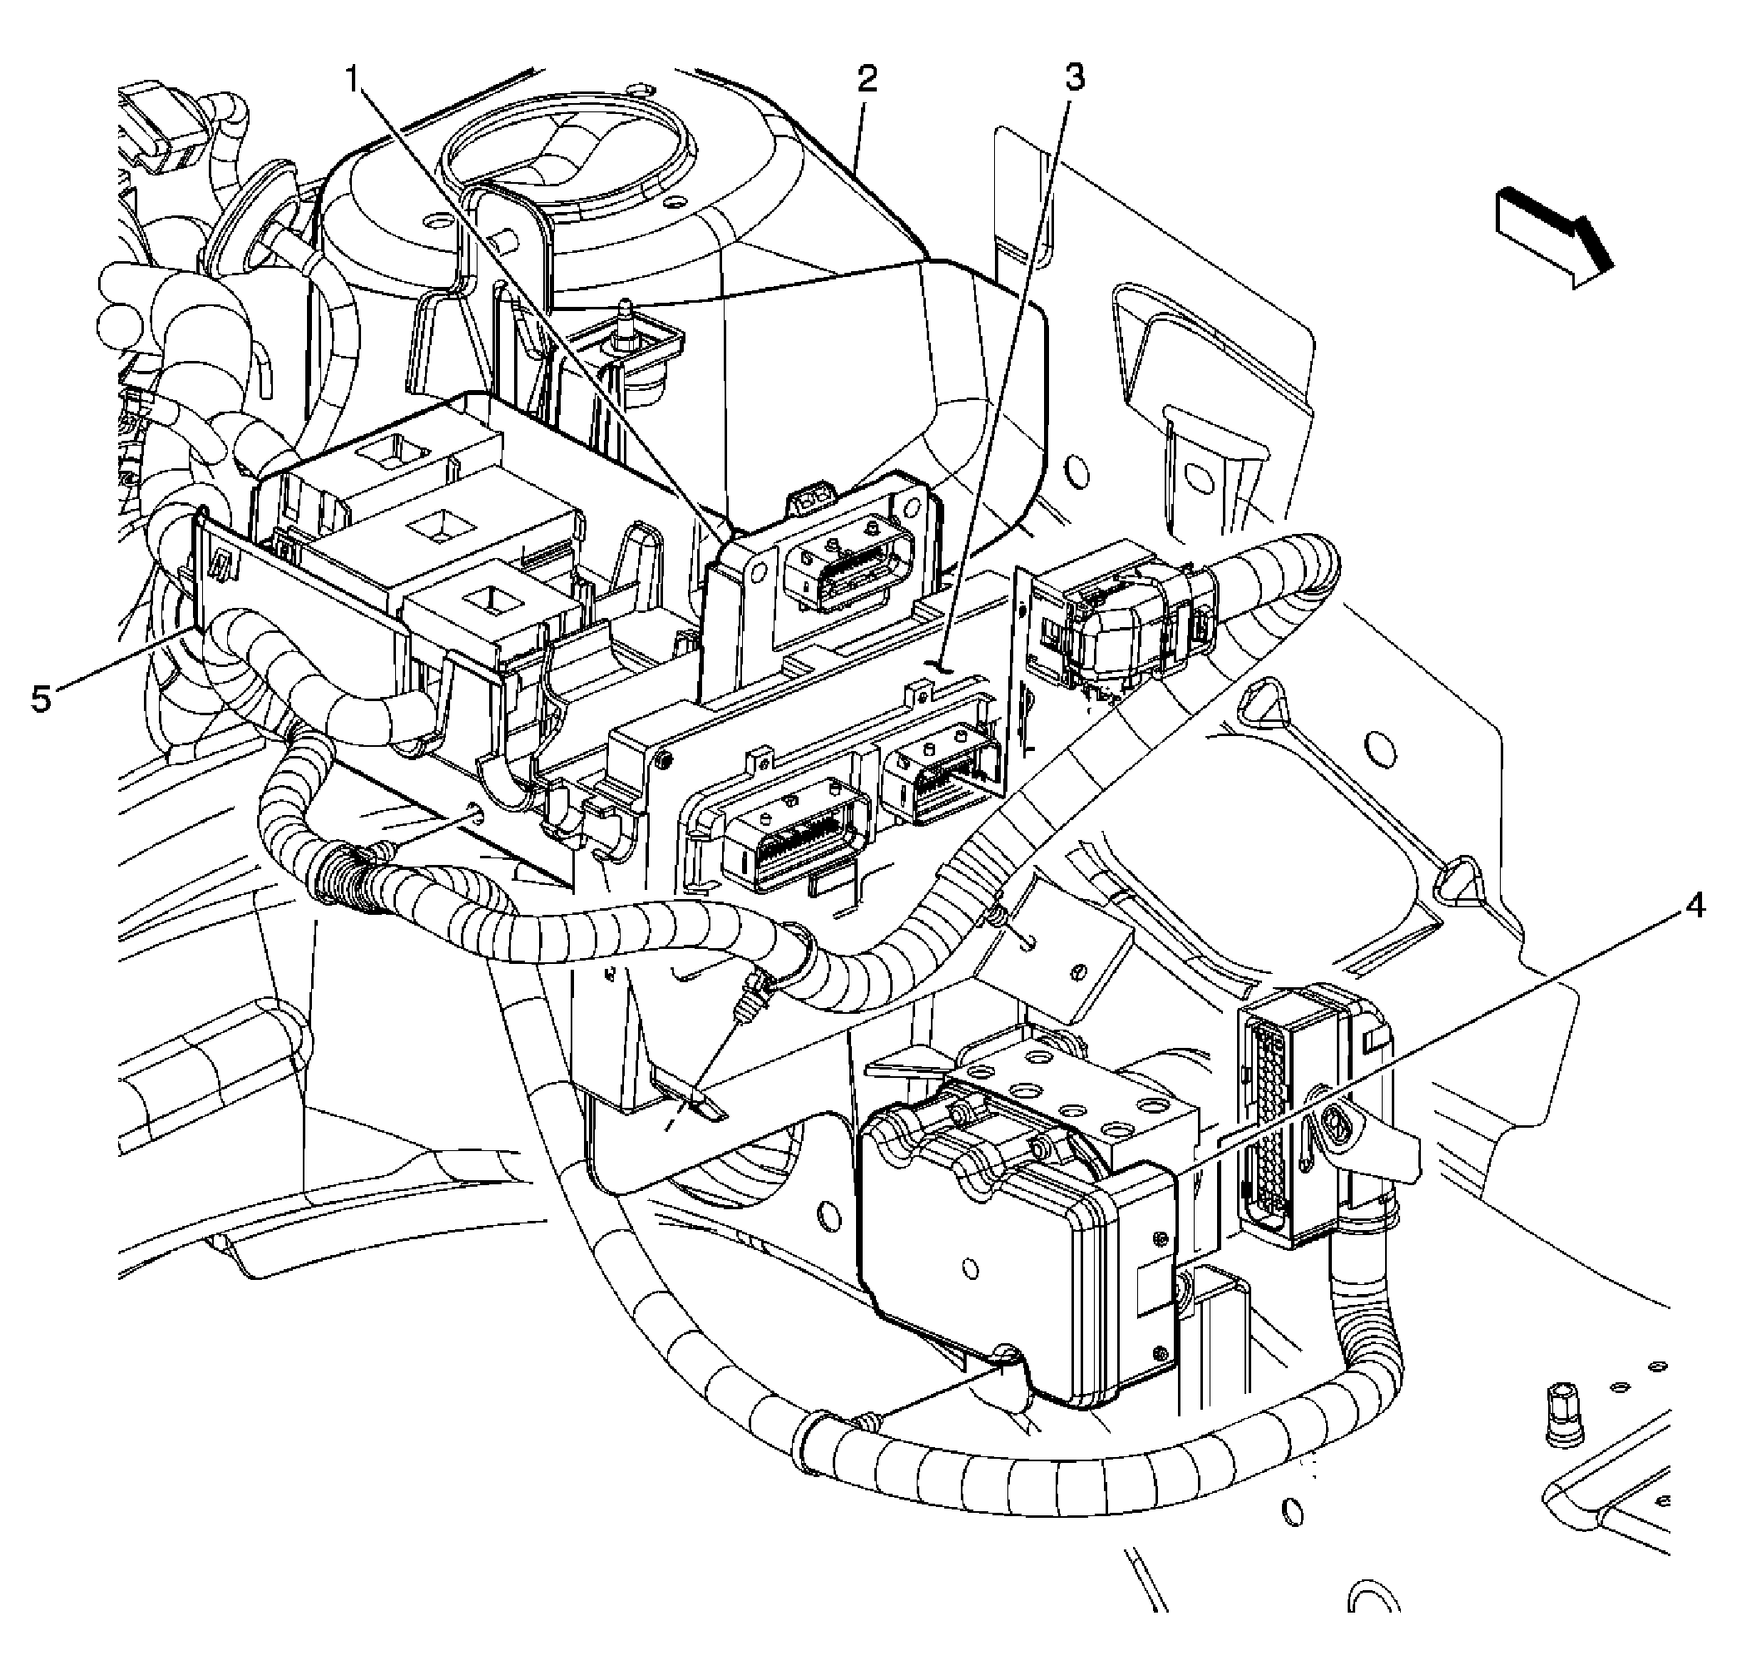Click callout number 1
pos(354,82)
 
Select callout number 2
pos(866,80)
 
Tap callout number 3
pos(1073,79)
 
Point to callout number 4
pos(1694,907)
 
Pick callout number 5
pos(41,699)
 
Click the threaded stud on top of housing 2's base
pos(627,319)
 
